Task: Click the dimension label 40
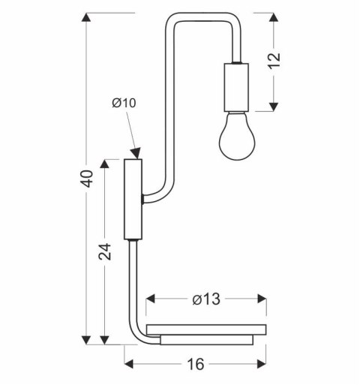pos(88,179)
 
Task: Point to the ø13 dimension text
pos(205,299)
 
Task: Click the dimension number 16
pos(196,365)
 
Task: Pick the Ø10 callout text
pos(124,104)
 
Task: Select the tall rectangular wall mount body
pos(133,198)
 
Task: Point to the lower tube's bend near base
pos(140,334)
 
